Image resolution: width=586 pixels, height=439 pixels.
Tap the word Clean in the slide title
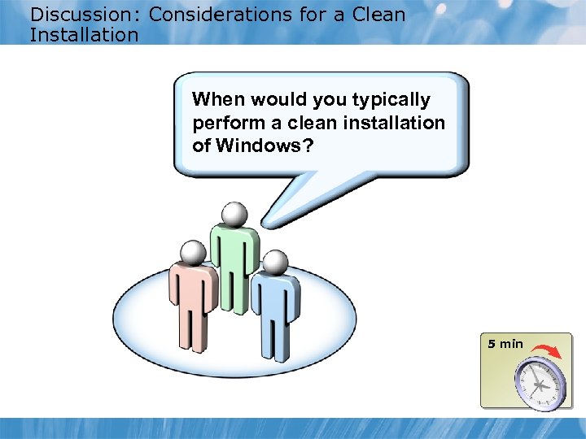[x=378, y=15]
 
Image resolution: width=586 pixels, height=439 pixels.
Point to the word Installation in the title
[x=84, y=35]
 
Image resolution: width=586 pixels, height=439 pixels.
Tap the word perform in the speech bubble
[x=223, y=123]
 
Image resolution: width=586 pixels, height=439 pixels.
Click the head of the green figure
[x=234, y=214]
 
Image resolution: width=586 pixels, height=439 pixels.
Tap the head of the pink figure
[x=192, y=253]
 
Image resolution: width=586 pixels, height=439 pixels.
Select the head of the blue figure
[x=276, y=262]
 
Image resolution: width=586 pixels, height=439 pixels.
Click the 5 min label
[x=505, y=344]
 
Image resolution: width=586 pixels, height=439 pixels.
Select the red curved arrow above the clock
[x=545, y=350]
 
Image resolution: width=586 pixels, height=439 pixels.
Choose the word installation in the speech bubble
[x=401, y=123]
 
